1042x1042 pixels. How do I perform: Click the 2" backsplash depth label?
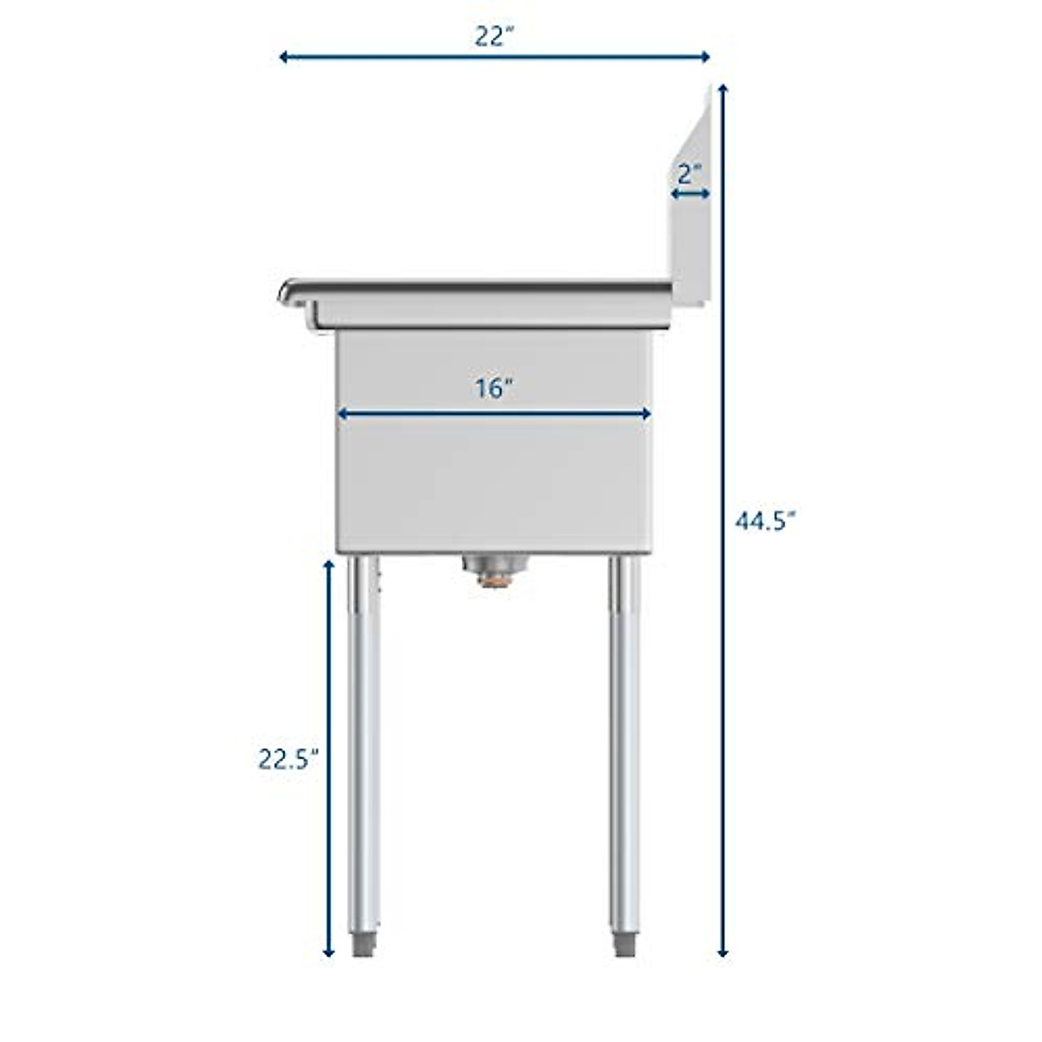[x=690, y=174]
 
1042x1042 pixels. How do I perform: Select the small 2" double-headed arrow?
[x=691, y=195]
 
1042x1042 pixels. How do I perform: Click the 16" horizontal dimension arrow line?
[x=494, y=415]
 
